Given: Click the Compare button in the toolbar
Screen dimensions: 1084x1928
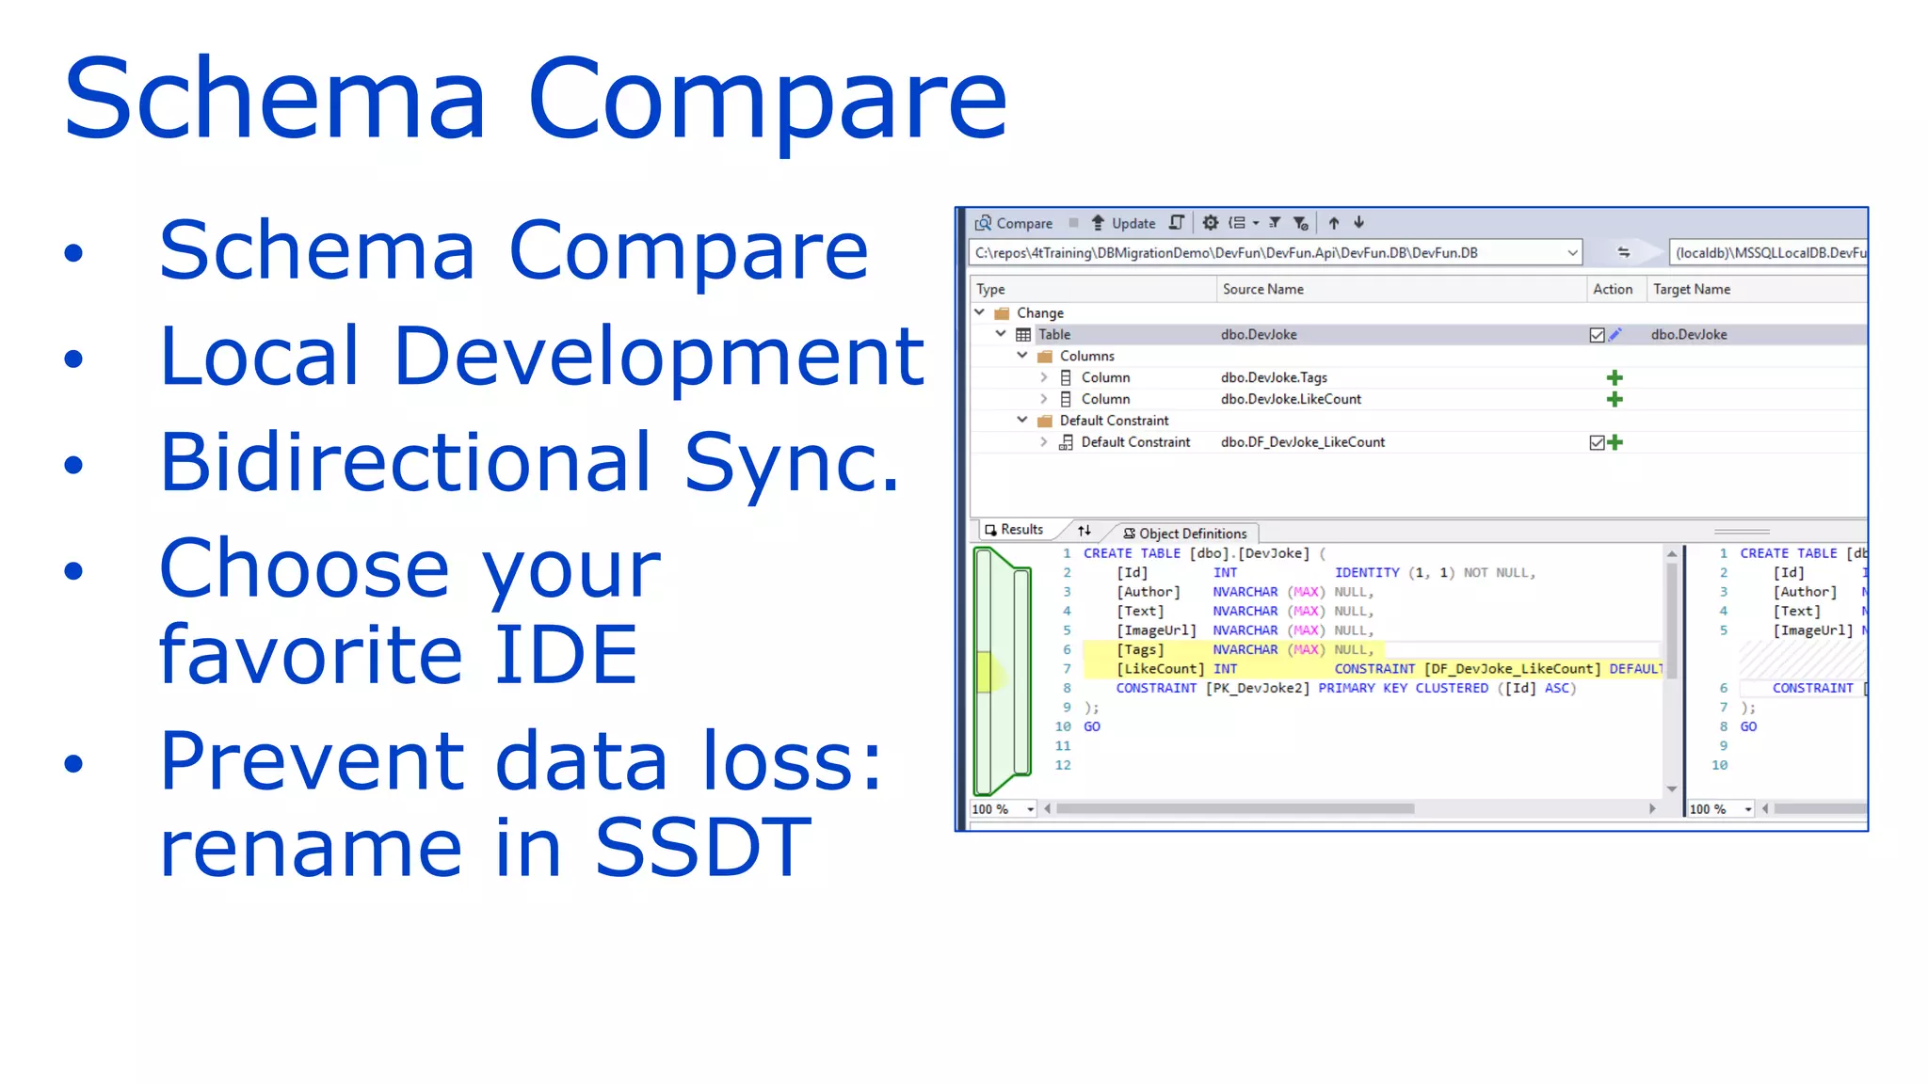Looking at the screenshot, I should (x=1014, y=223).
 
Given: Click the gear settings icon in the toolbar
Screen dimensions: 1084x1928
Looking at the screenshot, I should (x=1211, y=223).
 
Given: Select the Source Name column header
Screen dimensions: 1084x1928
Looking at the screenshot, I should (x=1262, y=289).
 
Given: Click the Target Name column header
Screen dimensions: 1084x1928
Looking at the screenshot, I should (x=1691, y=289).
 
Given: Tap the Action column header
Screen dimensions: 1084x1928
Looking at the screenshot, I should (x=1612, y=289).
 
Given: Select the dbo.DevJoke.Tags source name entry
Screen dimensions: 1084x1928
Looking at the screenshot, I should (x=1274, y=377).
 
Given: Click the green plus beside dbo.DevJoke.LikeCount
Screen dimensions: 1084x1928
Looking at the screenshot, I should (x=1615, y=399).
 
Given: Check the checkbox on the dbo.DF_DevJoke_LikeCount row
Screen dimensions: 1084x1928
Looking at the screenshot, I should (x=1597, y=442).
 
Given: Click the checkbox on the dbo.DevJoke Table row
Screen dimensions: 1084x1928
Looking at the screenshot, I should (x=1597, y=335).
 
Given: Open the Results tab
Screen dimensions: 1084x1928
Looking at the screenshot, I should (x=1016, y=530).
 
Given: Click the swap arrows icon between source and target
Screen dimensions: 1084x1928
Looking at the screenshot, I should (x=1624, y=252).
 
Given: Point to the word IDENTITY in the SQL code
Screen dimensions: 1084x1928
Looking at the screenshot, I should (x=1367, y=573).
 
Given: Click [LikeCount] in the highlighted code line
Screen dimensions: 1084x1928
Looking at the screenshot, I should (x=1160, y=669).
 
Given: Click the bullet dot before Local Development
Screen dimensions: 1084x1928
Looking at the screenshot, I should (x=73, y=359).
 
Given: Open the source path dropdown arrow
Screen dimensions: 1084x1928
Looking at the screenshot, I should (x=1572, y=252).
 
